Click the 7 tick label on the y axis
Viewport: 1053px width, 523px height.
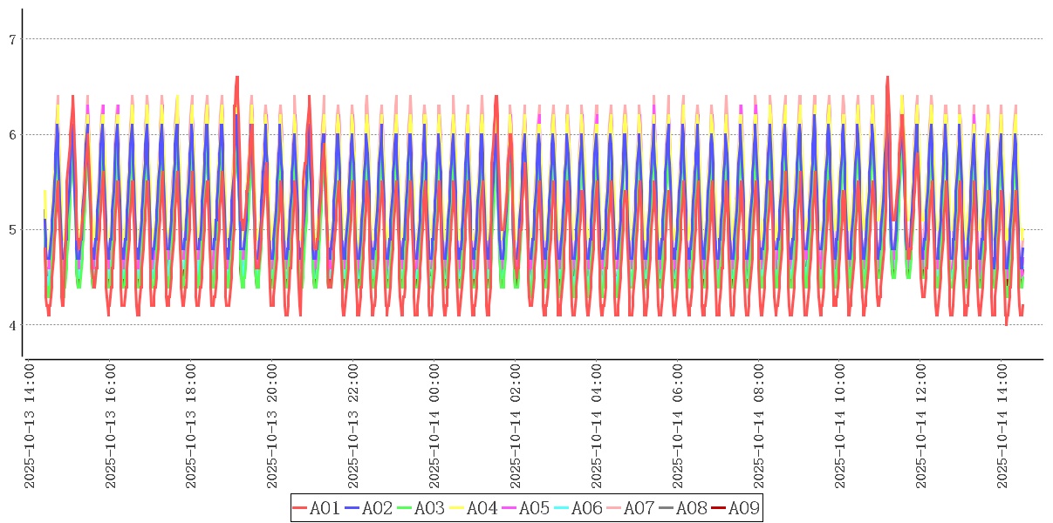click(x=12, y=39)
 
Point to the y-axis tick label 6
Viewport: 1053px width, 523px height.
click(x=12, y=134)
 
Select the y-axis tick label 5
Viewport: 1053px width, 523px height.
click(x=12, y=230)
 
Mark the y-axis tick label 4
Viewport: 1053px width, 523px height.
click(x=12, y=325)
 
